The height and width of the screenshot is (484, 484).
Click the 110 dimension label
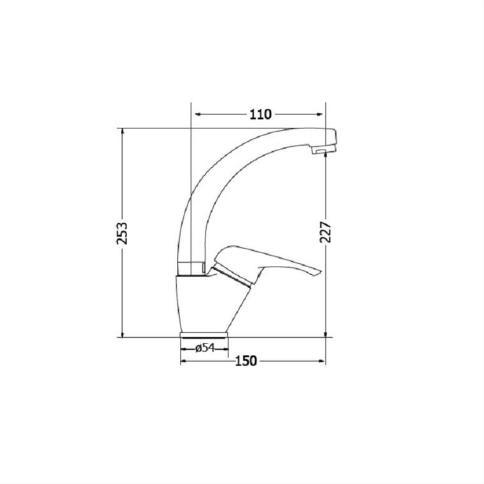click(260, 114)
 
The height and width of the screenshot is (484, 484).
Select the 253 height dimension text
click(122, 233)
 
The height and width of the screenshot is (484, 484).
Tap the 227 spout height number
click(326, 232)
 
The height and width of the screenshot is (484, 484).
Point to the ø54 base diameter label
click(205, 348)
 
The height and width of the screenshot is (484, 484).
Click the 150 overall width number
click(246, 361)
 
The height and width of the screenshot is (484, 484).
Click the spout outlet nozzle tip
click(322, 150)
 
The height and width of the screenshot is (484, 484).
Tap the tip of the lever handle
click(319, 272)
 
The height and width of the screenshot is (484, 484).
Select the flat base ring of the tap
click(204, 335)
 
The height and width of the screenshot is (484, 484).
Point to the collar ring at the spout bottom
click(191, 268)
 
